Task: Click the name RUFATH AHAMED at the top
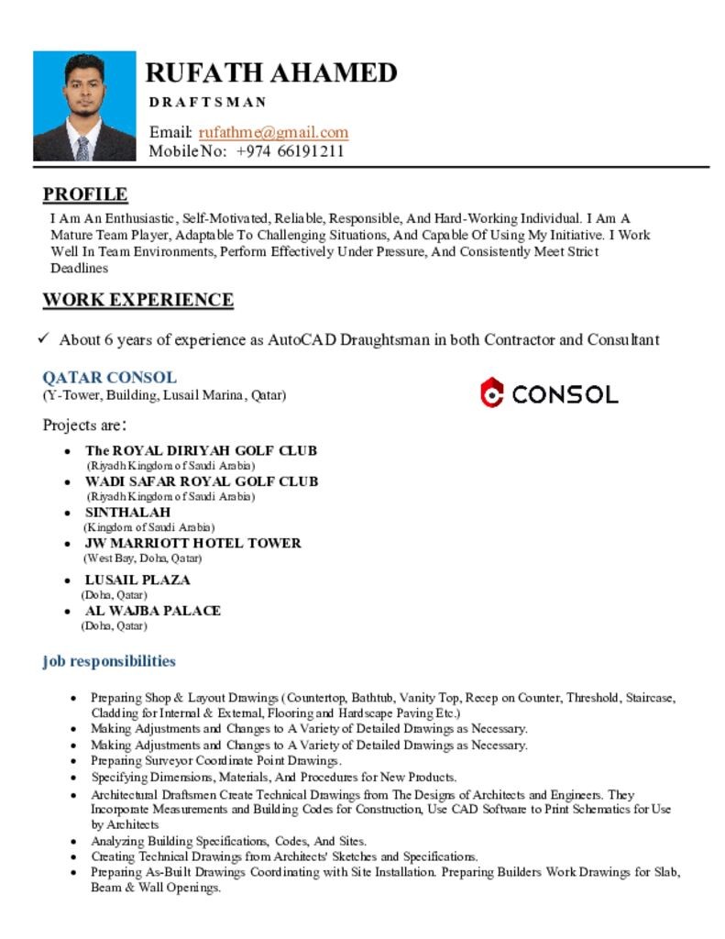(271, 72)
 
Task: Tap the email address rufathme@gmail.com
(273, 132)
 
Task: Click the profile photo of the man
(84, 106)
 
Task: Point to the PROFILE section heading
(85, 194)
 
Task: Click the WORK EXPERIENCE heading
(137, 300)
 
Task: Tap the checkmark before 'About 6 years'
(43, 339)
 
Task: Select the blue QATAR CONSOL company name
(110, 378)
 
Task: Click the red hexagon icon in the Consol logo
(492, 393)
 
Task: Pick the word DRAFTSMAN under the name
(208, 102)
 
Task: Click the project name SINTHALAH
(127, 512)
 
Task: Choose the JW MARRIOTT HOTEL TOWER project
(192, 543)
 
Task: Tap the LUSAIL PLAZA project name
(137, 580)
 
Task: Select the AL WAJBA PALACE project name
(152, 611)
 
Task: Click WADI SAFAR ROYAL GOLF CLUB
(202, 481)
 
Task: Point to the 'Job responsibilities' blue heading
(109, 661)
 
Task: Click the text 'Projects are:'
(84, 425)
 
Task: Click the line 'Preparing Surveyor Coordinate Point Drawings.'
(216, 760)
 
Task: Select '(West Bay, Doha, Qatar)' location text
(142, 558)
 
